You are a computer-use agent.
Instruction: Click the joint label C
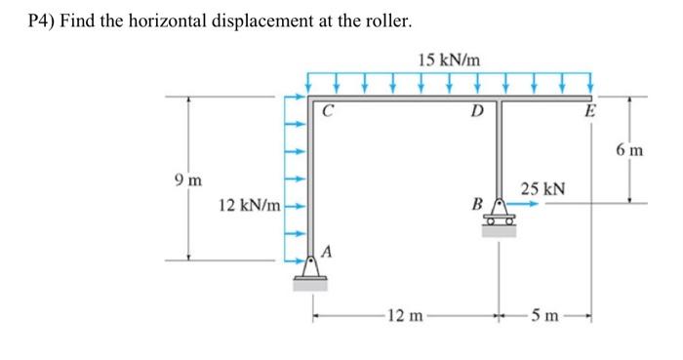pyautogui.click(x=328, y=111)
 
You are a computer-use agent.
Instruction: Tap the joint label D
pyautogui.click(x=476, y=110)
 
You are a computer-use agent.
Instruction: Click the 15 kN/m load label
pyautogui.click(x=448, y=60)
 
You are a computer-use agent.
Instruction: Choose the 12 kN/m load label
pyautogui.click(x=250, y=207)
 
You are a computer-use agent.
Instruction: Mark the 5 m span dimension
pyautogui.click(x=545, y=314)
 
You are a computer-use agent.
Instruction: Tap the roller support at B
pyautogui.click(x=499, y=217)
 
